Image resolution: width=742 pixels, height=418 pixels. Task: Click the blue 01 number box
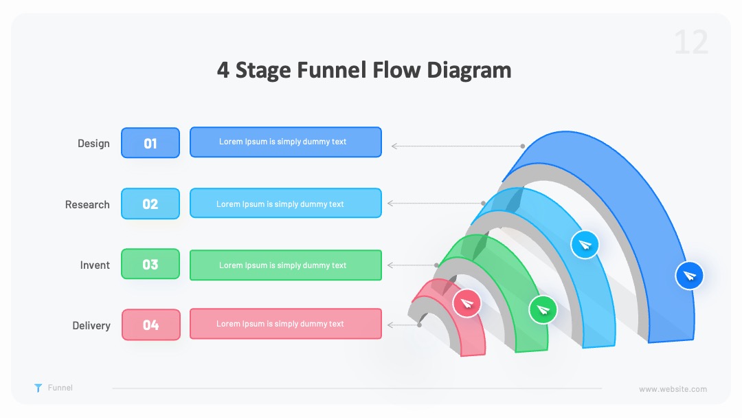[x=150, y=142]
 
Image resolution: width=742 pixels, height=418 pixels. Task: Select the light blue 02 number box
[x=150, y=203]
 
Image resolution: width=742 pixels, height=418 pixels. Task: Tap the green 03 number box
[x=150, y=264]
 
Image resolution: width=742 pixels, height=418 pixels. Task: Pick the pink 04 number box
[x=151, y=324]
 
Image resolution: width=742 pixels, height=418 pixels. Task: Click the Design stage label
[x=93, y=144]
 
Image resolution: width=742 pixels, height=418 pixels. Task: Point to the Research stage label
[x=87, y=204]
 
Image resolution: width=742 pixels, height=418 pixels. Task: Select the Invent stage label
[x=95, y=265]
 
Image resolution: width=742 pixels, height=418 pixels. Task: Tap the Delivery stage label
[x=91, y=326]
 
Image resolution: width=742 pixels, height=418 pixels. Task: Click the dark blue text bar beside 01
[x=286, y=142]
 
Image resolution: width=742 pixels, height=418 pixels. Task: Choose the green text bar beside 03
[x=286, y=265]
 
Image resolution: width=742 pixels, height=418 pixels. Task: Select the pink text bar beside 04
[x=286, y=324]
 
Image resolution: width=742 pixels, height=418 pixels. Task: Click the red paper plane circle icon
[x=466, y=303]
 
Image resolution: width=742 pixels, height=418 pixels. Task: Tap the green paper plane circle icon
[x=543, y=309]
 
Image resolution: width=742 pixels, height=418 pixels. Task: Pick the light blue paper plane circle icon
[x=585, y=244]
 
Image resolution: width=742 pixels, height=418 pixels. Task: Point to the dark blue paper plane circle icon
[x=690, y=275]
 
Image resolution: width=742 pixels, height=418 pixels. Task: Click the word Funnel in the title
[x=331, y=69]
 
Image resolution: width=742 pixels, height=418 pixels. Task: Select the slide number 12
[x=691, y=43]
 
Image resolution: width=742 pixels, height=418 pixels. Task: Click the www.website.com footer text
[x=673, y=389]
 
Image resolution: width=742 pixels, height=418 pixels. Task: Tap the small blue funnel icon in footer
[x=38, y=388]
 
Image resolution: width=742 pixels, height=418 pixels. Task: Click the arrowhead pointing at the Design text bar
[x=394, y=146]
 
